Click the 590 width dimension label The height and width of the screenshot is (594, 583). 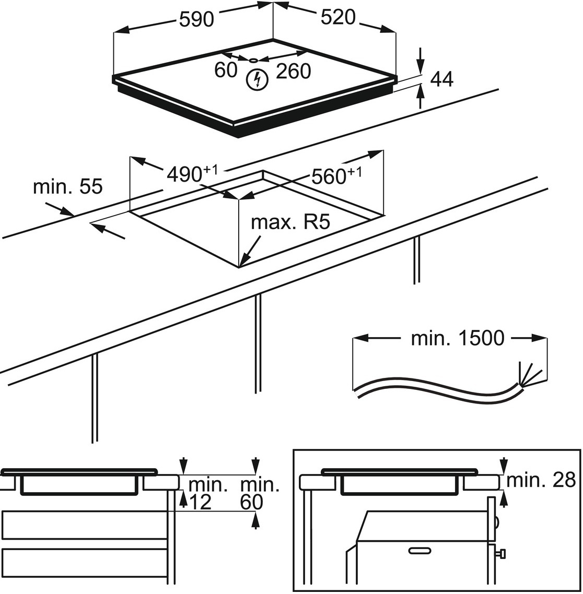(x=196, y=19)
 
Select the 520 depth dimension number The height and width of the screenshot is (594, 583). (x=337, y=18)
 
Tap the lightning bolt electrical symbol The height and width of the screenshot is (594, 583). (x=256, y=79)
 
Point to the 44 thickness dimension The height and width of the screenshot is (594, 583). (x=441, y=79)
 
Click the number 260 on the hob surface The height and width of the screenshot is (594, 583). (x=293, y=71)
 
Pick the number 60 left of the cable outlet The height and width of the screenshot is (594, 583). (x=226, y=70)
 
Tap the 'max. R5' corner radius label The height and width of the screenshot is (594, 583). (x=290, y=223)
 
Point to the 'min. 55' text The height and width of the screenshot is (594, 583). (x=68, y=187)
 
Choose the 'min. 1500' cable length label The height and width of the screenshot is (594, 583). (x=458, y=338)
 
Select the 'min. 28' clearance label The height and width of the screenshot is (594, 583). (x=541, y=480)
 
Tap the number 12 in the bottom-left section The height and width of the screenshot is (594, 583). (x=200, y=502)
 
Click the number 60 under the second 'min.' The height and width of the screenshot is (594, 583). (x=251, y=502)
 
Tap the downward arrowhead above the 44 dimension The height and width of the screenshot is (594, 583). (x=421, y=66)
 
